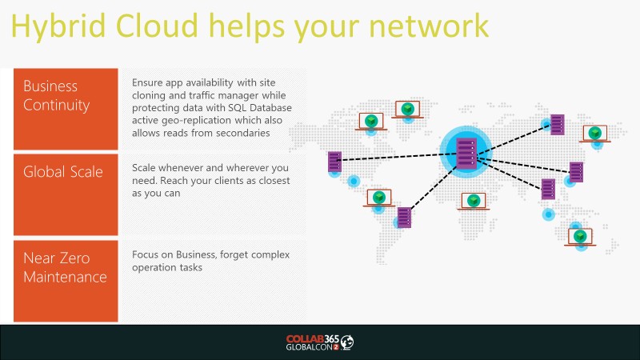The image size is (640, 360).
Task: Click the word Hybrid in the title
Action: click(x=58, y=26)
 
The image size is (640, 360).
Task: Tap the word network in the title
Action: click(x=429, y=26)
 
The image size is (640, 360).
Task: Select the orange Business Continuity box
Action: click(x=66, y=109)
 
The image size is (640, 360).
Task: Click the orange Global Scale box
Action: click(x=66, y=194)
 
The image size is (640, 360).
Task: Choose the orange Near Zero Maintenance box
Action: click(x=66, y=281)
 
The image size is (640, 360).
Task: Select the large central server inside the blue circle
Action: click(x=466, y=154)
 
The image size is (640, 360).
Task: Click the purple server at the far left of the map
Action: click(x=334, y=162)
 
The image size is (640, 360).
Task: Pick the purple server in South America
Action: click(x=405, y=217)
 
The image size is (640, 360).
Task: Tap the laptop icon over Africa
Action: click(x=474, y=202)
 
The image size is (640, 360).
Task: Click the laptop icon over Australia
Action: click(x=580, y=237)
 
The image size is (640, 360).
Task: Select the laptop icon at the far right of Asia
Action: click(x=595, y=134)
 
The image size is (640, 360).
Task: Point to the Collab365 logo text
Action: click(x=313, y=338)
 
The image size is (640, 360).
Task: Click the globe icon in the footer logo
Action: click(x=347, y=342)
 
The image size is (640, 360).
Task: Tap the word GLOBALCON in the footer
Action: click(x=310, y=347)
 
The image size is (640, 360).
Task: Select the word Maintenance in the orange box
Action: click(x=66, y=277)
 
